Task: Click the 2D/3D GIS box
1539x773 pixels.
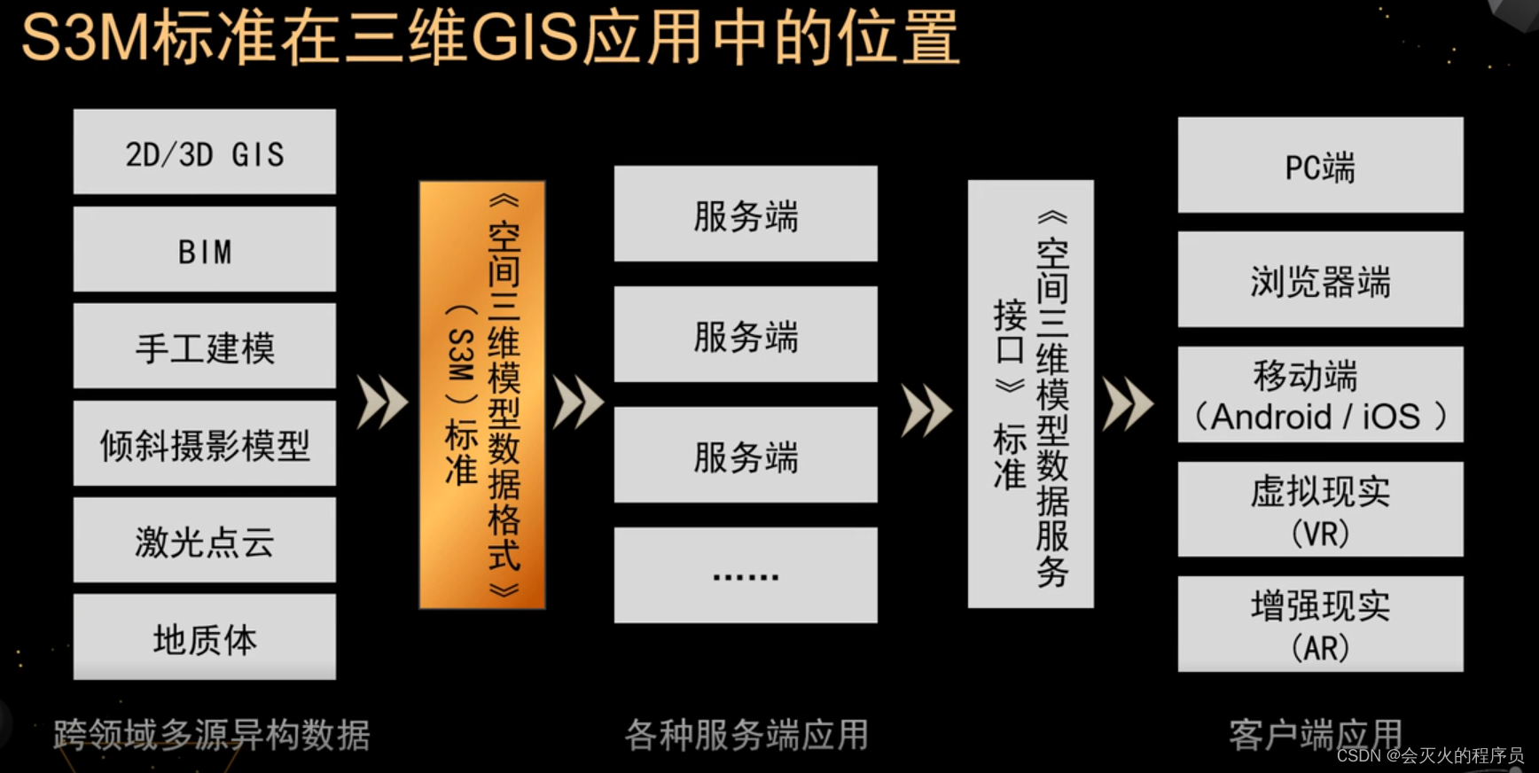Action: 204,152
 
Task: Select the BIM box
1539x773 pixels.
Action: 204,249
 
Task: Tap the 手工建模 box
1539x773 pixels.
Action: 204,346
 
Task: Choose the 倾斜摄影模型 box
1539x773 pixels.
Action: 204,443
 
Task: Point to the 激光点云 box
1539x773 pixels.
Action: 204,540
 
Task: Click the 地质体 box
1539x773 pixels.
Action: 204,636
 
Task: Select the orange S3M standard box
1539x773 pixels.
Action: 481,394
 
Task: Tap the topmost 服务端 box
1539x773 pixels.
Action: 746,214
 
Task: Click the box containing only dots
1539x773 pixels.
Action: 746,575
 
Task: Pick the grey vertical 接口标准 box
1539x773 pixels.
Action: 1030,394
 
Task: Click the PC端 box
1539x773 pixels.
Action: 1320,165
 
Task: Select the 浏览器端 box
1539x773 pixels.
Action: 1320,279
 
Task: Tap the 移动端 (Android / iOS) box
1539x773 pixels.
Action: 1320,394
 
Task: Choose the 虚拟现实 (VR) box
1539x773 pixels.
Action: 1320,510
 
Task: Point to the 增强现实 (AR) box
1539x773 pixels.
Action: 1320,624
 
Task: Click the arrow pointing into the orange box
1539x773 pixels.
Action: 382,402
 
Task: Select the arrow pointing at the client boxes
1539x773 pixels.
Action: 1128,403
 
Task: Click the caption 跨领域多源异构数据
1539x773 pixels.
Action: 211,735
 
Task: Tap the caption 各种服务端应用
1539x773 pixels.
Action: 746,735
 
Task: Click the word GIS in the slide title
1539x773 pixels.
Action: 525,39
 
